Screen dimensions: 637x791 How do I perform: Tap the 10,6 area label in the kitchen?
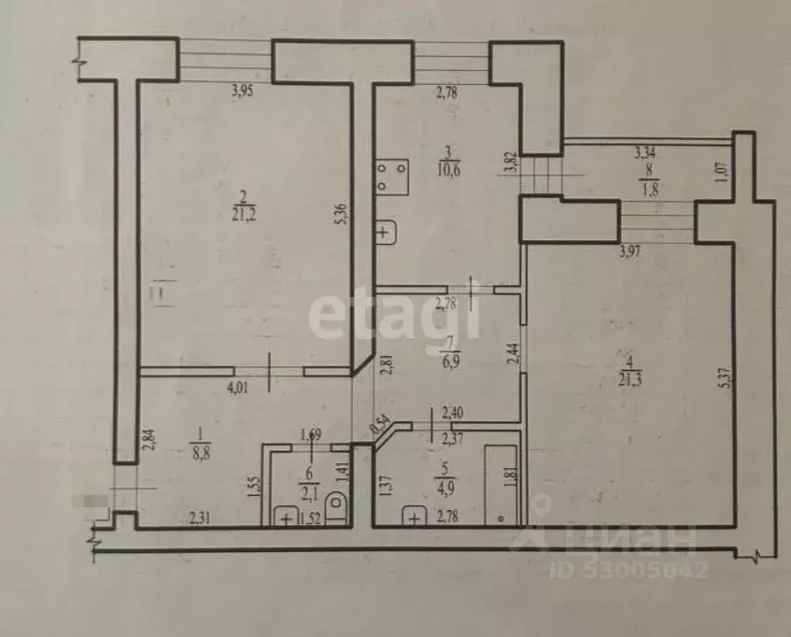click(x=449, y=169)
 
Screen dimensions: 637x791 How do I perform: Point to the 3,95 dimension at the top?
click(x=244, y=92)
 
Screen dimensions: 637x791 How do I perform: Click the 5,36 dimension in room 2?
click(x=342, y=213)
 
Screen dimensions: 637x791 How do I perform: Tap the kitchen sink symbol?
click(x=386, y=230)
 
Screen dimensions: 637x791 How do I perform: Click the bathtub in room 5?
click(x=502, y=482)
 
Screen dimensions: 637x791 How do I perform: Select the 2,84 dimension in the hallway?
click(x=146, y=439)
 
